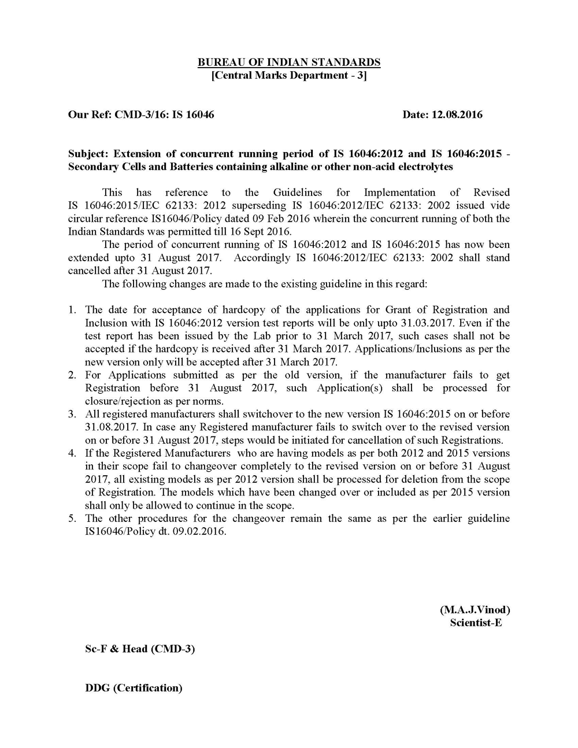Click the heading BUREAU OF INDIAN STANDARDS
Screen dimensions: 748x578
(289, 62)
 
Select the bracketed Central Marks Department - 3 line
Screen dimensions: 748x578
(289, 76)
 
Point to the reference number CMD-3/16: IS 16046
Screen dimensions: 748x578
(164, 114)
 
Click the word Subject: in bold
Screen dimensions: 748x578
(88, 154)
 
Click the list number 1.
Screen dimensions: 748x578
(72, 310)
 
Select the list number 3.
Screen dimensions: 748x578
(72, 414)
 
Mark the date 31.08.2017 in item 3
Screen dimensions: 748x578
(110, 427)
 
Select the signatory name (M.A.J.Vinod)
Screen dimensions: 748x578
(475, 610)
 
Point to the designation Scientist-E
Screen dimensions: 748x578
(476, 623)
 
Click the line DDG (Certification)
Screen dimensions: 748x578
(134, 688)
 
